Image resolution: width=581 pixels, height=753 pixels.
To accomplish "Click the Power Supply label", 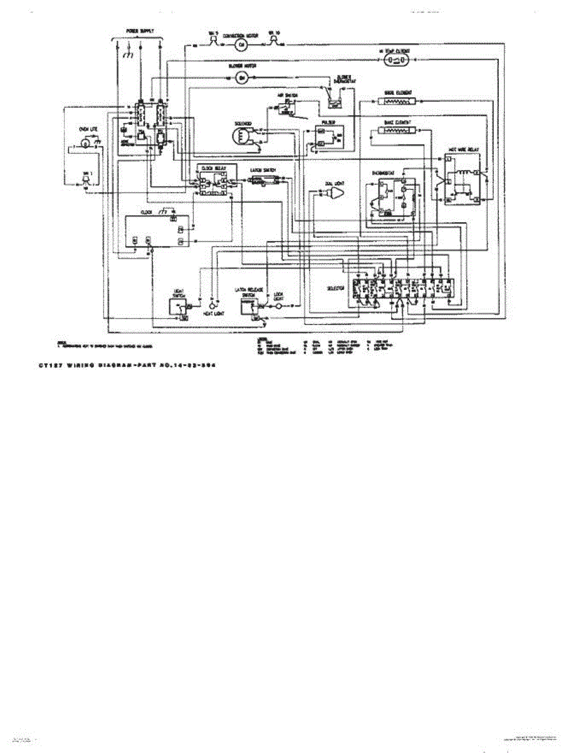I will (x=139, y=31).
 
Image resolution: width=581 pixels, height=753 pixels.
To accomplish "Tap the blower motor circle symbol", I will (x=243, y=77).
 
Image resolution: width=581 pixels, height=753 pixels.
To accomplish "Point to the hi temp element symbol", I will (x=397, y=60).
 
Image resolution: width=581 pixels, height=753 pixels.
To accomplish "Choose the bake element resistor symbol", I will (x=396, y=131).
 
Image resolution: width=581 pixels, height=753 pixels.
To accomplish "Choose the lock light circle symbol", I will (x=279, y=306).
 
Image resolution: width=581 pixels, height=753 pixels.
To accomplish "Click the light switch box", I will (x=179, y=306).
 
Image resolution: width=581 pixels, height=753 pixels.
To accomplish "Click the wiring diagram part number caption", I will (x=127, y=364).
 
